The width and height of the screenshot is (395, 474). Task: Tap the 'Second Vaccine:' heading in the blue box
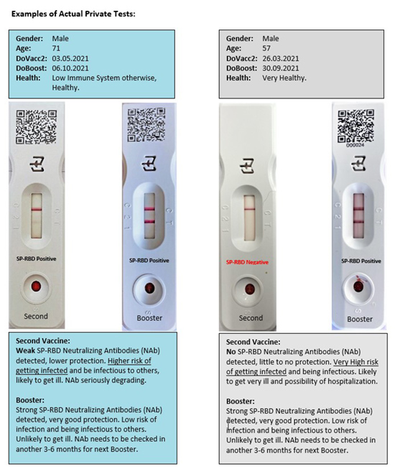pos(46,343)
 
